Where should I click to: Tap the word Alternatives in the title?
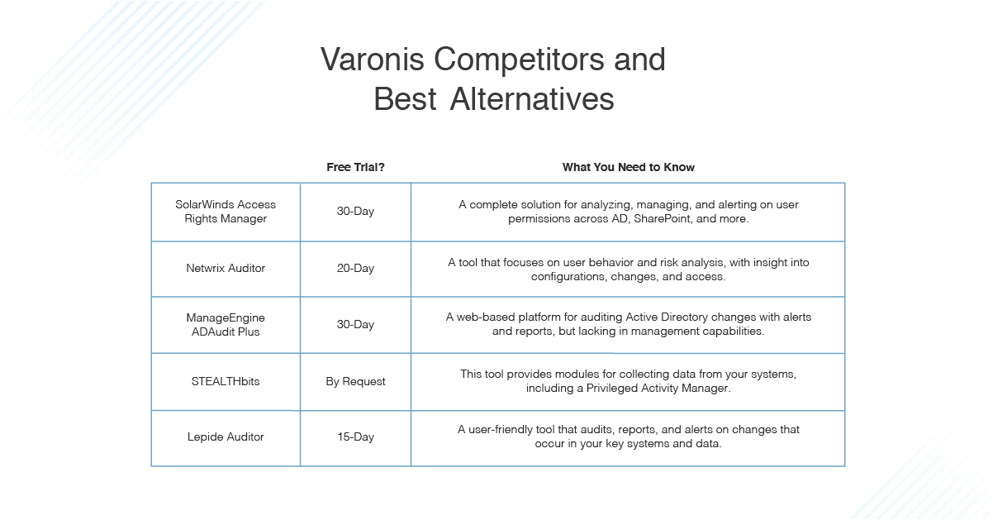coord(532,100)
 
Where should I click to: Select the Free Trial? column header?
coord(355,167)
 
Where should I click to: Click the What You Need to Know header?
coord(628,167)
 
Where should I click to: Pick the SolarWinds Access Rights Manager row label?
coord(226,211)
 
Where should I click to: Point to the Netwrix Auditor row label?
coord(226,268)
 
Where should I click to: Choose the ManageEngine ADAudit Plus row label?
coord(226,324)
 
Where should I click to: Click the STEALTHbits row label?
coord(226,381)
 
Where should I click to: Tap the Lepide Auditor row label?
coord(226,437)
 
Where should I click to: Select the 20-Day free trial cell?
coord(355,268)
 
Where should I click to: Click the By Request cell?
coord(355,381)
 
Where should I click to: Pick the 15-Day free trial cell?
coord(355,437)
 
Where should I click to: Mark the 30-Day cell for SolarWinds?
coord(355,211)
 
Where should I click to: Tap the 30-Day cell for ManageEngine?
coord(355,324)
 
